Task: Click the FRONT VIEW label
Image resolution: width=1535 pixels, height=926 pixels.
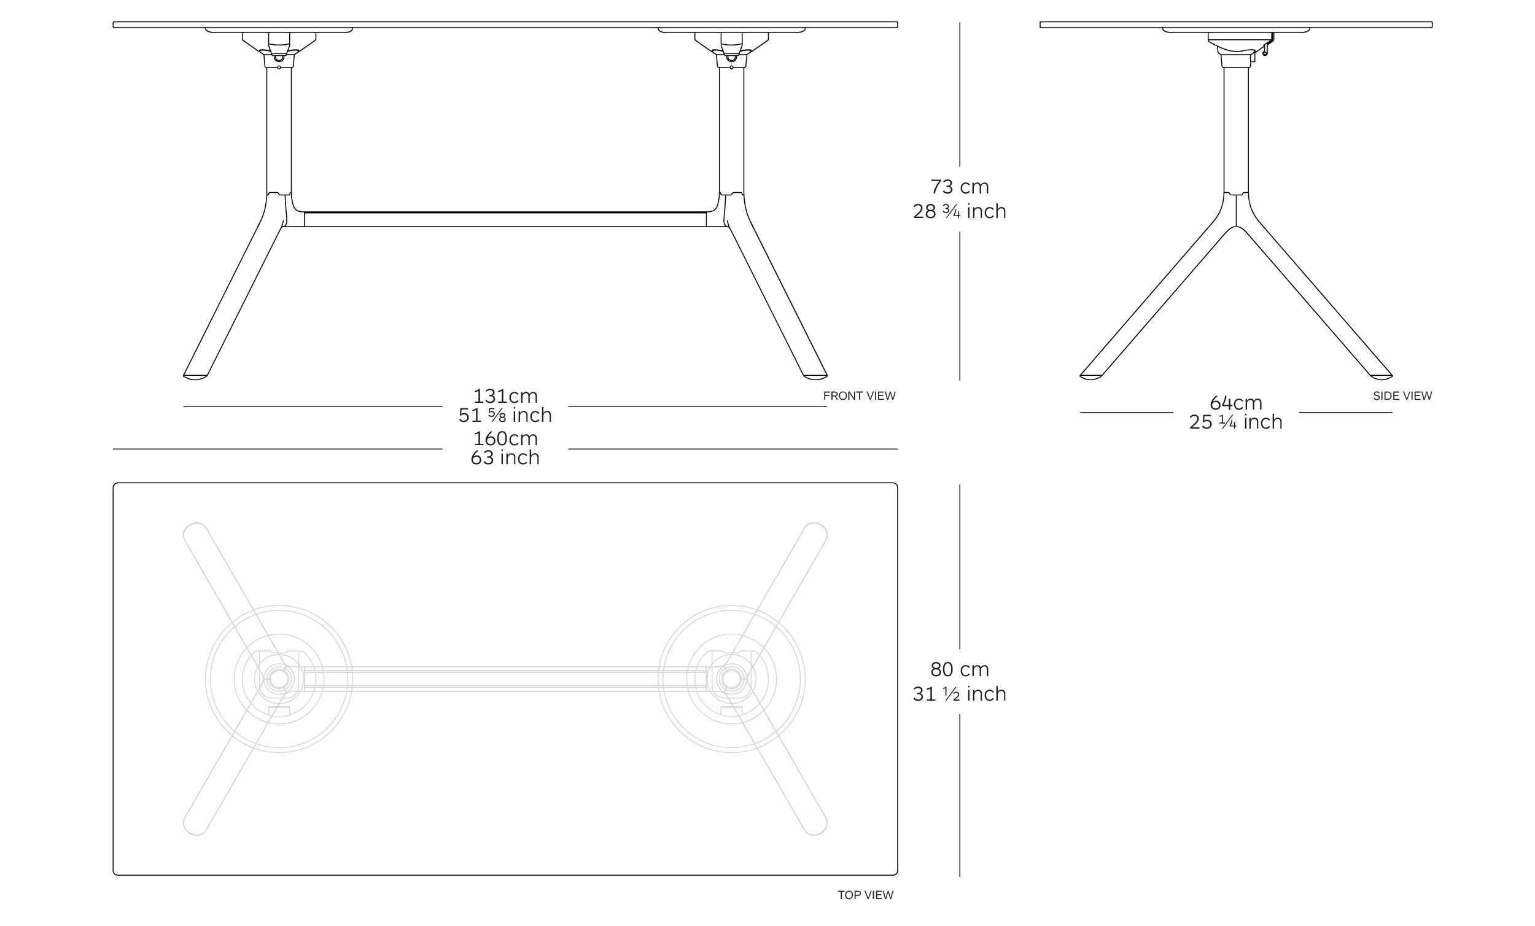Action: coord(859,395)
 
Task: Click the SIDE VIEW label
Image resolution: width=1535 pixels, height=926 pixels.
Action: coord(1402,395)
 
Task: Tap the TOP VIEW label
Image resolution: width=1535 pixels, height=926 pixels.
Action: coord(865,895)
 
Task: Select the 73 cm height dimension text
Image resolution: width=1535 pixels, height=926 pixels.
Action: coord(959,186)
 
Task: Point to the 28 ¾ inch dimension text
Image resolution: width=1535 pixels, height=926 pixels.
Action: coord(959,211)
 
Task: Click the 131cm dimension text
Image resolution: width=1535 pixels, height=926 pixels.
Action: coord(505,396)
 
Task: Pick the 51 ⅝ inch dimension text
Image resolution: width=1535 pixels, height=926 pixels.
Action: coord(505,415)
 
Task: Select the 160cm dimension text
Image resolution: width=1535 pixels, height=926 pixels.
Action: coord(505,438)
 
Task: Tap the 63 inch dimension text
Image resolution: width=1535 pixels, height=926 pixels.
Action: coord(505,457)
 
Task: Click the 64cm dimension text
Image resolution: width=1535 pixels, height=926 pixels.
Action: coord(1236,403)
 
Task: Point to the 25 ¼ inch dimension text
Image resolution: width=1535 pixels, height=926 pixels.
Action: coord(1236,422)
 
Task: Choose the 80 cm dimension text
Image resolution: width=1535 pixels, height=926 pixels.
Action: coord(959,669)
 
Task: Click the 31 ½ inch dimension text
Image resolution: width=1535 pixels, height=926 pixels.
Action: coord(959,693)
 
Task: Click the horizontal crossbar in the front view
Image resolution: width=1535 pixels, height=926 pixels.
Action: coord(505,219)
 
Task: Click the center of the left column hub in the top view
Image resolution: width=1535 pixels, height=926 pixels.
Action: coord(279,679)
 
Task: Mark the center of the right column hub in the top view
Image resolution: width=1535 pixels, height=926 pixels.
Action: coord(731,679)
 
